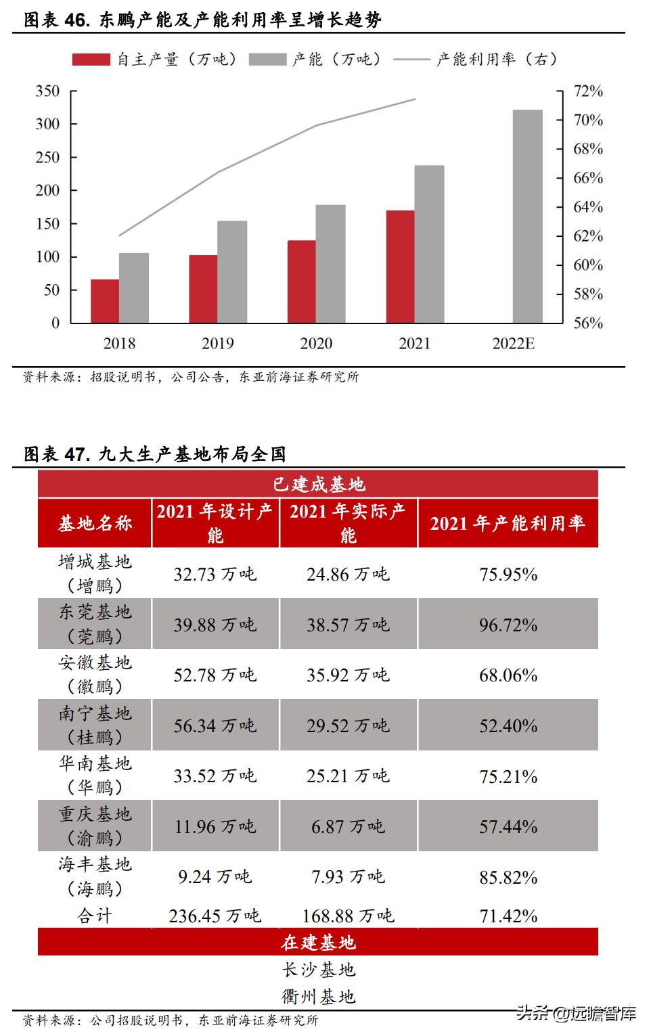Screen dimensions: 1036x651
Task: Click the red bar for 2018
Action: click(x=105, y=301)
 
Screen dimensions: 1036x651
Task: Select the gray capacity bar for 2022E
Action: click(x=527, y=217)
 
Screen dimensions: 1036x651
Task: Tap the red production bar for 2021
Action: click(x=400, y=267)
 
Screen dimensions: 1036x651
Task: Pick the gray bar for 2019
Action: click(x=232, y=272)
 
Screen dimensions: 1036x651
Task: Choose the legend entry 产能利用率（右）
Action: click(x=477, y=60)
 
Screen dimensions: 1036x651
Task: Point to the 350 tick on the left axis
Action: click(x=48, y=91)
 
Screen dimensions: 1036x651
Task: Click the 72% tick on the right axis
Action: click(x=587, y=91)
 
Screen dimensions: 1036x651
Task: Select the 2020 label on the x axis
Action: click(x=316, y=344)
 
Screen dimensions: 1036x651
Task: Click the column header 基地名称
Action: click(x=95, y=523)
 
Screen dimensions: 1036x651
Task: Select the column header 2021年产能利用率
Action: click(x=508, y=523)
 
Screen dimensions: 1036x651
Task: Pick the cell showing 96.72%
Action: click(x=508, y=625)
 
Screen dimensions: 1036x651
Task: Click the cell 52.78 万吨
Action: click(x=215, y=675)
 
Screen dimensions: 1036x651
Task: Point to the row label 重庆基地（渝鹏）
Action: click(x=95, y=826)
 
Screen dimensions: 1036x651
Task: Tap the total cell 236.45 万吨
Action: click(x=215, y=916)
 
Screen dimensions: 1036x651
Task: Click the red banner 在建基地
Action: click(x=318, y=942)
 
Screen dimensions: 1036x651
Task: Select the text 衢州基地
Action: click(x=318, y=996)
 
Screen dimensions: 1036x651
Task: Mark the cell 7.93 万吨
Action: click(x=348, y=877)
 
